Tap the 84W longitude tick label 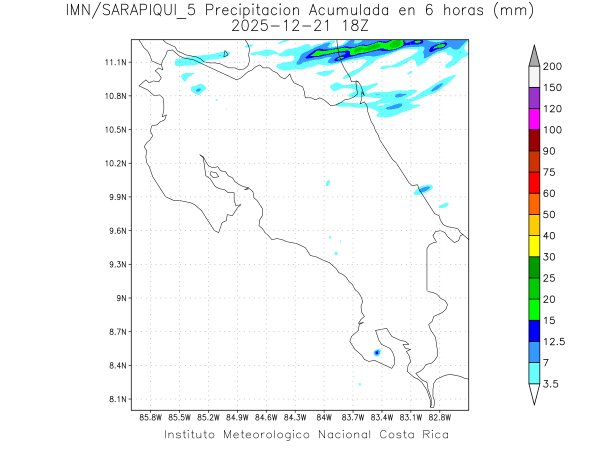[x=324, y=417]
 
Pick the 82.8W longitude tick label [x=439, y=417]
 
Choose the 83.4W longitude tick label [x=381, y=417]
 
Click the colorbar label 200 [x=552, y=67]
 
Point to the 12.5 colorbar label [x=554, y=342]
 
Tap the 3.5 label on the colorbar [x=551, y=384]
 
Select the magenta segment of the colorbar [x=534, y=119]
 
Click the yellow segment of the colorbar [x=534, y=246]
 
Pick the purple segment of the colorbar [x=534, y=98]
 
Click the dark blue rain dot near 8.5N [x=376, y=352]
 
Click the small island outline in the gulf [x=214, y=174]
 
